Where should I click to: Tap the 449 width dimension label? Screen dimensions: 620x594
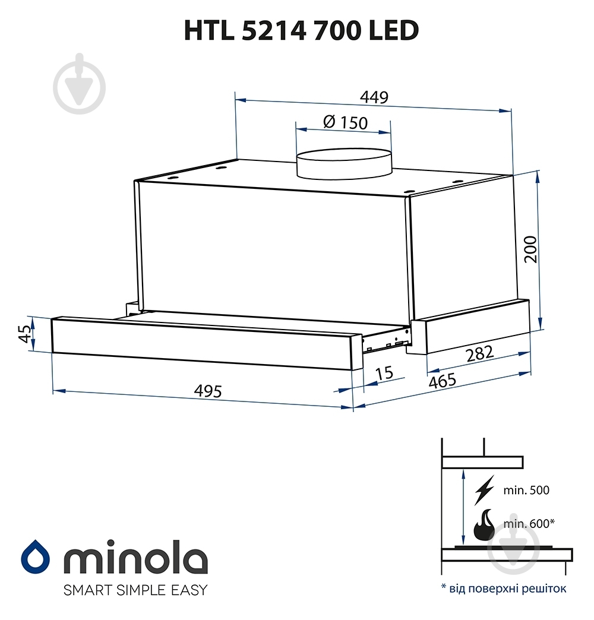click(x=375, y=97)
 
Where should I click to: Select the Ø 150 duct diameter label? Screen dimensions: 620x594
click(x=345, y=122)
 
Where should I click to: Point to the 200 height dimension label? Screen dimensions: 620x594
click(x=530, y=249)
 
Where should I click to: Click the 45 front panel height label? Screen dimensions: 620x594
click(x=24, y=334)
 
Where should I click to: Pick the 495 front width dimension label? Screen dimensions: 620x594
click(x=208, y=391)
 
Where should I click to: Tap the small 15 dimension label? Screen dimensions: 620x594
click(x=385, y=373)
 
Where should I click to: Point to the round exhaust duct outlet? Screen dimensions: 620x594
click(x=345, y=164)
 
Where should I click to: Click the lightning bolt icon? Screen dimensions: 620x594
click(x=485, y=490)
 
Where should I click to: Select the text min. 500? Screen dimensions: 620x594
click(x=527, y=491)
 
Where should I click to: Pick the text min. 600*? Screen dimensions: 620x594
click(x=529, y=523)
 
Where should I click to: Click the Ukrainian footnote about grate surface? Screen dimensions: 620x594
click(x=504, y=589)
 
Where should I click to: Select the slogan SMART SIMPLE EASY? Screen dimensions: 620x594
click(x=127, y=590)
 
